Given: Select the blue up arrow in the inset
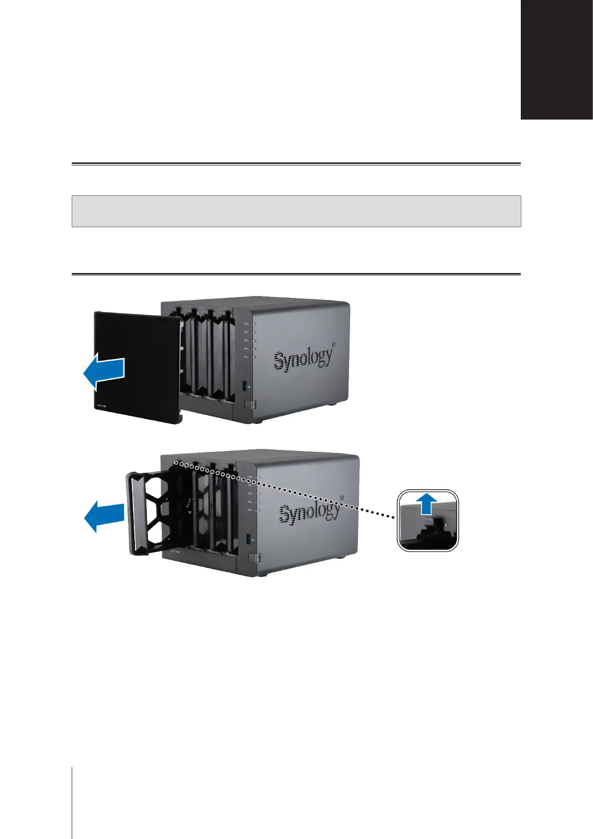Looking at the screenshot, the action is pos(427,505).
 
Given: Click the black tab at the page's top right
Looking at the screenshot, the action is pos(557,60).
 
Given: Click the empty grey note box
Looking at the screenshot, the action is pos(296,211).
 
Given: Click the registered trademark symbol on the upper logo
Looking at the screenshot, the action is pos(334,344).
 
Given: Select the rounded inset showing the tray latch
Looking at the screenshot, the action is pos(428,520).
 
